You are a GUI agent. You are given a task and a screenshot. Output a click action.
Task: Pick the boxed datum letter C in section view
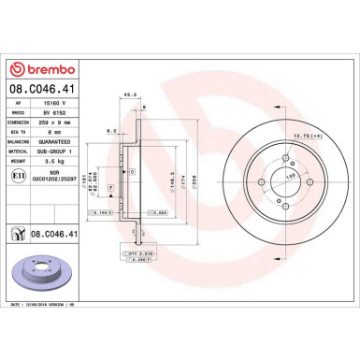pos(132,173)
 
